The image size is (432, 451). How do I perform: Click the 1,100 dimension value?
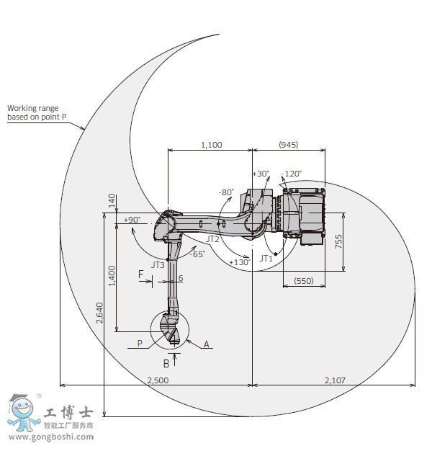(x=210, y=145)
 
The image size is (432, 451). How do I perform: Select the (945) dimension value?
(x=288, y=145)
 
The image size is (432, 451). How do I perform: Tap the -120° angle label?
(x=292, y=174)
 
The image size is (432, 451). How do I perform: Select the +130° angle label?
(x=239, y=262)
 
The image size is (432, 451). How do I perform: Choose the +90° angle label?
(x=132, y=219)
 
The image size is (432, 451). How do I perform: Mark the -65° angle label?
(x=197, y=254)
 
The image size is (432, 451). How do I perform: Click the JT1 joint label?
(x=266, y=258)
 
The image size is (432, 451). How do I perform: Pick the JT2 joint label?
(x=212, y=238)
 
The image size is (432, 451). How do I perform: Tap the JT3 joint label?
(x=158, y=264)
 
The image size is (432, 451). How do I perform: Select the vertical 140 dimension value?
(x=112, y=201)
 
